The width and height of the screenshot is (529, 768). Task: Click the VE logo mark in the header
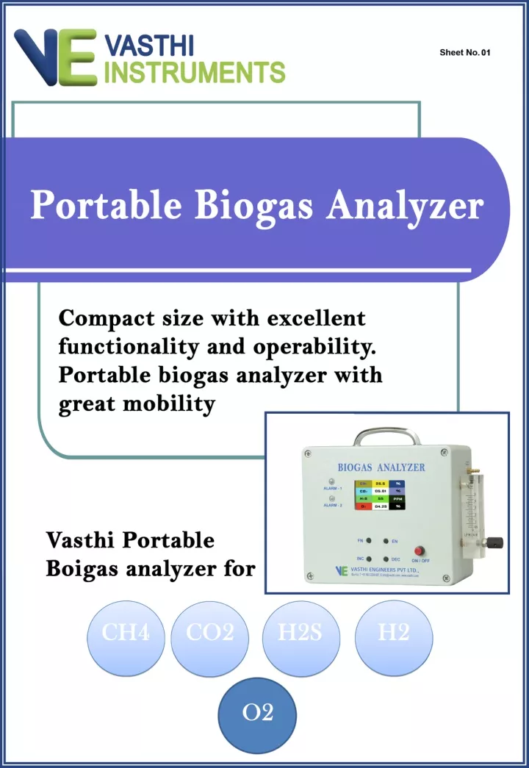click(x=55, y=57)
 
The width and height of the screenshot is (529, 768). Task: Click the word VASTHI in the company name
click(x=149, y=46)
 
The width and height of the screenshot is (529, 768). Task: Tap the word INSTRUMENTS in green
click(x=195, y=72)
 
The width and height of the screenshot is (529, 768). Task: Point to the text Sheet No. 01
click(x=464, y=53)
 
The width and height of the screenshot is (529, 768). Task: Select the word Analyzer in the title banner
click(x=405, y=205)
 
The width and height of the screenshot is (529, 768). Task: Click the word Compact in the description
click(x=107, y=319)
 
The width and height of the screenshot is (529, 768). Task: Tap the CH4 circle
click(x=126, y=633)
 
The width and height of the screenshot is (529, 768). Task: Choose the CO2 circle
click(x=209, y=633)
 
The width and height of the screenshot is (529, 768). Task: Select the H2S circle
click(x=300, y=633)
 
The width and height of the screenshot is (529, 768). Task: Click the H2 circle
click(x=393, y=633)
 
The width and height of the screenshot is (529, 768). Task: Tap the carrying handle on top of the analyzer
click(x=387, y=437)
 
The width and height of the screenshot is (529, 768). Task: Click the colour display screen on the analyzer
click(x=379, y=495)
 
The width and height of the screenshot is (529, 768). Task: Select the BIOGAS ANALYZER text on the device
click(x=381, y=467)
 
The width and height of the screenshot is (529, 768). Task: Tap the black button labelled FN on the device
click(x=371, y=540)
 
